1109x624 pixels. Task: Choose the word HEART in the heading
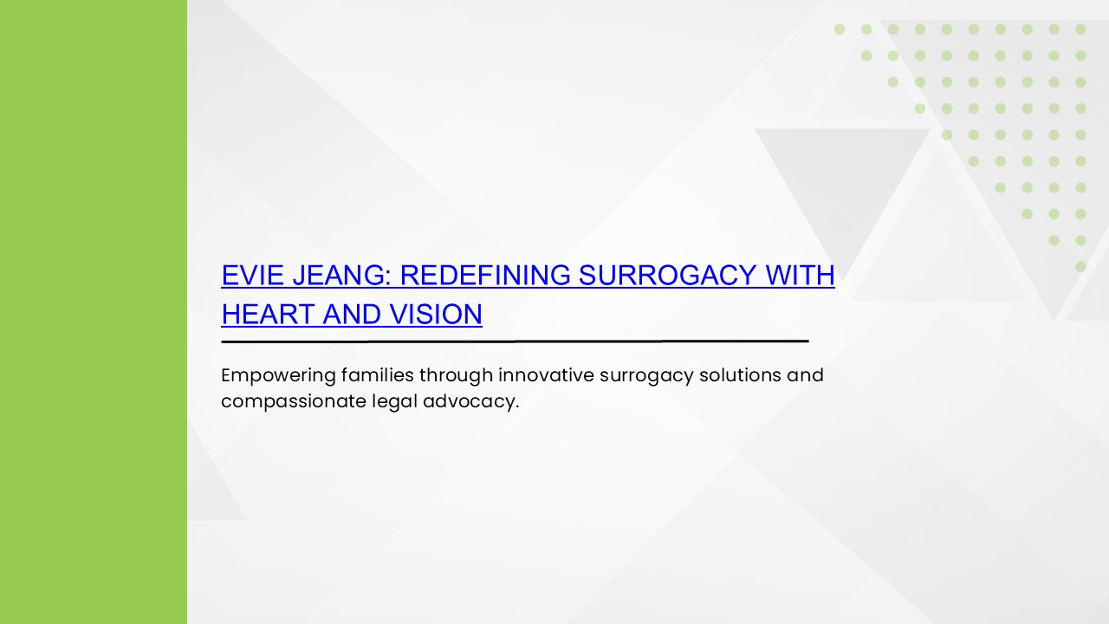click(x=268, y=314)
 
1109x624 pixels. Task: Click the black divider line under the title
click(x=515, y=341)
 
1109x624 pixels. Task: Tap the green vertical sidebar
click(x=94, y=312)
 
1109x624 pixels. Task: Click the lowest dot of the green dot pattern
click(x=1080, y=267)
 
